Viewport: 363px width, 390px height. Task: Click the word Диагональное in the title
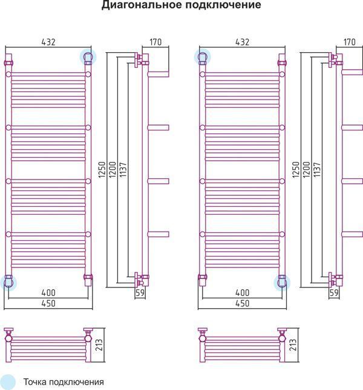[142, 5]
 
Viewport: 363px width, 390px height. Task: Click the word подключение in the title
[223, 5]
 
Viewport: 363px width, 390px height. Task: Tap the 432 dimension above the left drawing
[48, 42]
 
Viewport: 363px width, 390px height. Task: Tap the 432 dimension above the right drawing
[242, 42]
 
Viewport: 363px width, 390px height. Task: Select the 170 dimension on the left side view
[155, 42]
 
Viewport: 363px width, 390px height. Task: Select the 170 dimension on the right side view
[349, 42]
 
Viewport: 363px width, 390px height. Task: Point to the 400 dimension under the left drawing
[48, 292]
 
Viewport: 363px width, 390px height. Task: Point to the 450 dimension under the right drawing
[242, 303]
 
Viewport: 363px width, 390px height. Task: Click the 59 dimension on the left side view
[140, 293]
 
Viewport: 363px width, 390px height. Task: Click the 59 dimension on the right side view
[334, 293]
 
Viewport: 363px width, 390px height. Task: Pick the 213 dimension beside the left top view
[99, 345]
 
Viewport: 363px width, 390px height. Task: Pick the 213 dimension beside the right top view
[293, 345]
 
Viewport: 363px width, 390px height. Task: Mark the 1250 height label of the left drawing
[102, 170]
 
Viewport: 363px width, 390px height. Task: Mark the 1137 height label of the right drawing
[317, 170]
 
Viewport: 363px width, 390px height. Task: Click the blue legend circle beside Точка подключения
[7, 382]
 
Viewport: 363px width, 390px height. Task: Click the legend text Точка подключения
[64, 382]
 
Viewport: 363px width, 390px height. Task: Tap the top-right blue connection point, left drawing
[88, 57]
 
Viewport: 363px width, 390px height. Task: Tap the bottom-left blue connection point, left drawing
[8, 283]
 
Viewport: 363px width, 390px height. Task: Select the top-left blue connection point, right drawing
[202, 57]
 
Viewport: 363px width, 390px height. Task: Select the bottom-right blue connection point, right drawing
[282, 283]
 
